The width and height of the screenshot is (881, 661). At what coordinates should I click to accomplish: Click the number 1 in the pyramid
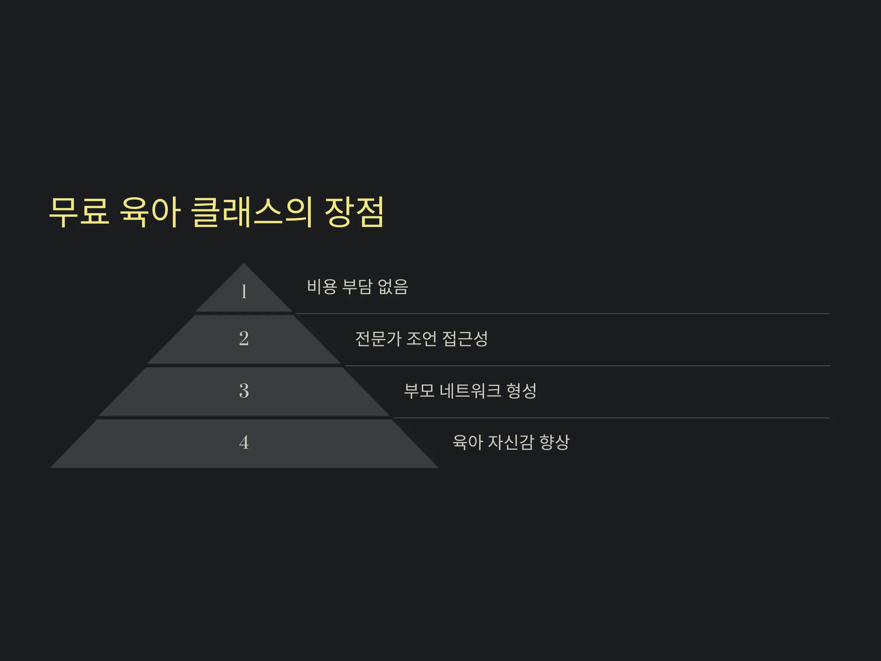point(244,291)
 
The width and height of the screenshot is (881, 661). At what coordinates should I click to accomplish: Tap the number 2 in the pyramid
point(244,339)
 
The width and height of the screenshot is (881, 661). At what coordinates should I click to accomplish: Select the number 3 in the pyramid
point(244,390)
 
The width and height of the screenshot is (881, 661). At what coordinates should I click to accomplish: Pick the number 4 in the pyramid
point(244,442)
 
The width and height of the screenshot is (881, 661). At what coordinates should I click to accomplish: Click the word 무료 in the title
point(79,212)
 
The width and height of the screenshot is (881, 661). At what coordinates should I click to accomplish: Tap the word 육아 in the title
point(150,212)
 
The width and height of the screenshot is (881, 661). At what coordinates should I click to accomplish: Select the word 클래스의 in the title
point(252,212)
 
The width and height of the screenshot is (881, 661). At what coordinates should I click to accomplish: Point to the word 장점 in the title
point(354,212)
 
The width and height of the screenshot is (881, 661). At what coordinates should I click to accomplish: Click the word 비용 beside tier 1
point(322,286)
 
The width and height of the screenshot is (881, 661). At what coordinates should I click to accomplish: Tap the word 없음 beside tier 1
point(393,286)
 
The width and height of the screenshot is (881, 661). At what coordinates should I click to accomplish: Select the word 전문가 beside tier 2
point(378,339)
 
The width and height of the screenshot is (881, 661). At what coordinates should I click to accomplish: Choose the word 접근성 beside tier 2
point(465,339)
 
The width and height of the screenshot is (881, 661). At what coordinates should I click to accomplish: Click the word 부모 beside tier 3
point(419,390)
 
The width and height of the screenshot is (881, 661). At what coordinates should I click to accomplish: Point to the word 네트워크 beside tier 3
point(470,390)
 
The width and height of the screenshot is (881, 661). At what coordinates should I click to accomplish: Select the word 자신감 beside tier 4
point(511,442)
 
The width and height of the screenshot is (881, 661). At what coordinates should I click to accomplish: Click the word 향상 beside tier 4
point(554,442)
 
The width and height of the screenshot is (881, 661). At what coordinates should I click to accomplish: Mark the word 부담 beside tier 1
point(358,286)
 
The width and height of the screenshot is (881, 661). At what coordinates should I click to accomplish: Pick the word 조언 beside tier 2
point(422,339)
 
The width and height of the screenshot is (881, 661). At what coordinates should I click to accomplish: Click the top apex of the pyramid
point(244,263)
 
